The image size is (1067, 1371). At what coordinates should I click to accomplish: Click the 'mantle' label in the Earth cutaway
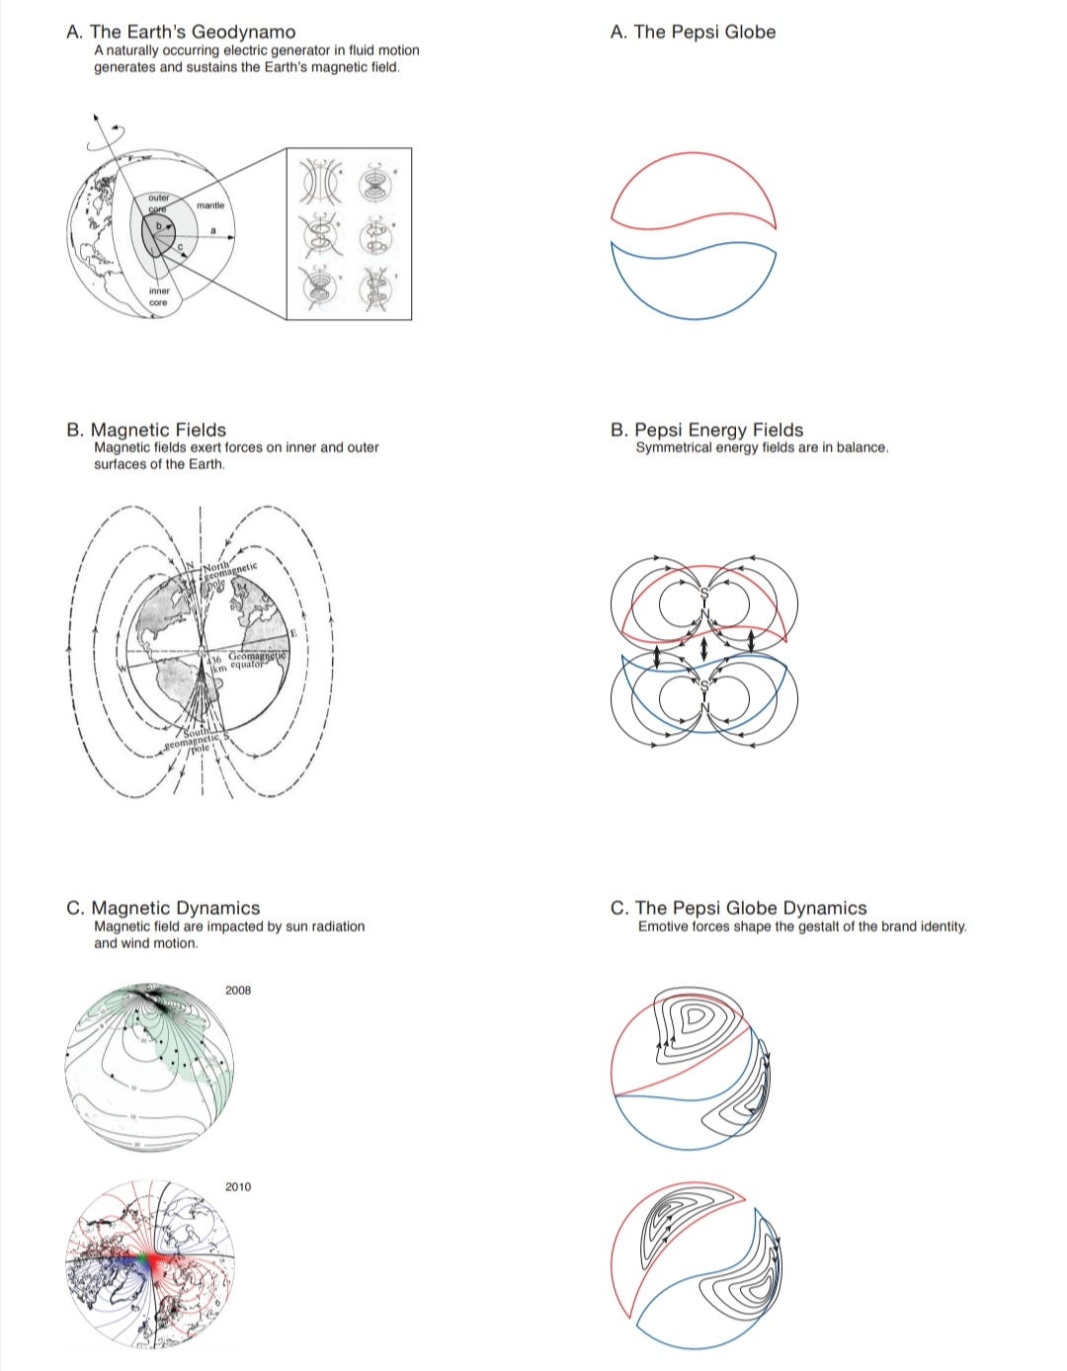click(210, 205)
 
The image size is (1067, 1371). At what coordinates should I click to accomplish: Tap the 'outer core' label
click(159, 202)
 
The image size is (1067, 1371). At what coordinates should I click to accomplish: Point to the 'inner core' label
click(159, 296)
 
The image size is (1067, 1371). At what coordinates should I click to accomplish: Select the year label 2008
click(238, 990)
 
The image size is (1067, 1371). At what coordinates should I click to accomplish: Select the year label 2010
click(238, 1186)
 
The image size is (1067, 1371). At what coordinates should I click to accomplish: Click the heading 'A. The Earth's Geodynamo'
click(181, 32)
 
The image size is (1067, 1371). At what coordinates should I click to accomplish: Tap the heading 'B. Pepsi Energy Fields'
click(706, 430)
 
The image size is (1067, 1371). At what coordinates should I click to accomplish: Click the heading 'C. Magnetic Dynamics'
click(163, 908)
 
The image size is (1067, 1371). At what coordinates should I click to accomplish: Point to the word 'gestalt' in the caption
click(820, 927)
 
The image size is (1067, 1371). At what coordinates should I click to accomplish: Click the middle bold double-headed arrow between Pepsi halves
click(702, 648)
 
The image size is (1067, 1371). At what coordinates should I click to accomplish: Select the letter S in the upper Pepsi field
click(704, 593)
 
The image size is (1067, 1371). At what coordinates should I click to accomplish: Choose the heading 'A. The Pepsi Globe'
click(693, 32)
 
